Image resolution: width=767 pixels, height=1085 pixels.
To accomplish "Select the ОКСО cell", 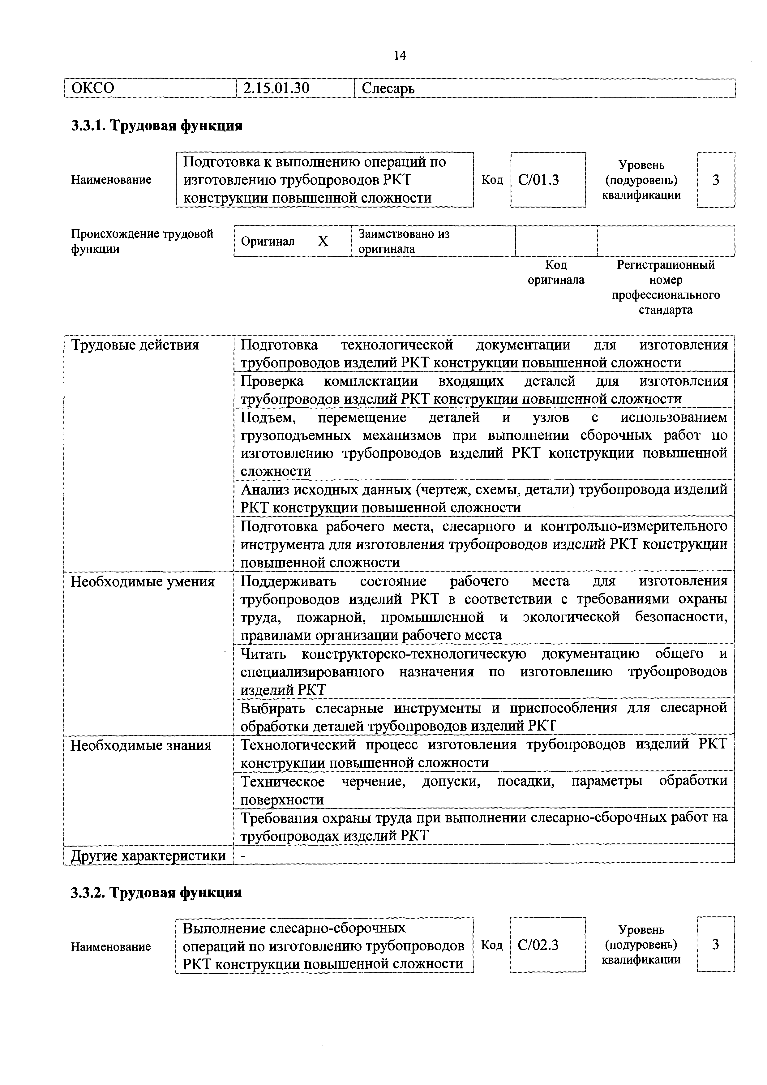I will point(92,88).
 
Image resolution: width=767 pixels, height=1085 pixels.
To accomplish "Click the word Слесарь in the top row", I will point(388,88).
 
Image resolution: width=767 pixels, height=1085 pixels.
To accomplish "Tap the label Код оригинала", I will point(556,272).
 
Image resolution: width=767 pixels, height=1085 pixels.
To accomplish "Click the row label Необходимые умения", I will point(142,581).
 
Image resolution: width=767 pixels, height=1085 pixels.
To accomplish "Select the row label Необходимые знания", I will point(141,745).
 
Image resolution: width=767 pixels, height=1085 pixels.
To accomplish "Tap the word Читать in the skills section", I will point(263,654).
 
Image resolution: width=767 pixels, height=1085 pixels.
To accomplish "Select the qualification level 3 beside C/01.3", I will point(715,180).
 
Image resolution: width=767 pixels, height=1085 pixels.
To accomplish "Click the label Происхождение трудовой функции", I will point(142,241).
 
